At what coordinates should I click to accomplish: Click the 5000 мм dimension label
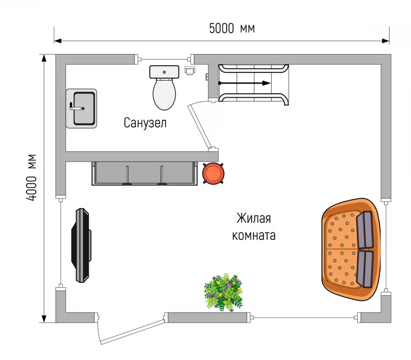[232, 28]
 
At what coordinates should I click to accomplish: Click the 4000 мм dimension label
[31, 177]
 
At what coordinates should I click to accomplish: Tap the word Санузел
[145, 123]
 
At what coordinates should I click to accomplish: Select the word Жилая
[253, 218]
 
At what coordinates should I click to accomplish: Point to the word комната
[254, 235]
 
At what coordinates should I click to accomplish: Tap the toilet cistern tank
[164, 72]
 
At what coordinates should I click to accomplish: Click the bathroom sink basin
[84, 108]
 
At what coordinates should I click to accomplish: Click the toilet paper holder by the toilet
[190, 70]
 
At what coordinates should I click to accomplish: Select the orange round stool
[213, 173]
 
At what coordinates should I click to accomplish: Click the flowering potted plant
[223, 292]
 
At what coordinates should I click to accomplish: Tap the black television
[81, 245]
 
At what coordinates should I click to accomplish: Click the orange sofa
[351, 249]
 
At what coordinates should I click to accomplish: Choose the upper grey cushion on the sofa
[364, 230]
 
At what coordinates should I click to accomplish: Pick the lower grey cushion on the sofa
[364, 269]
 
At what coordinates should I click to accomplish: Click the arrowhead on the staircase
[266, 83]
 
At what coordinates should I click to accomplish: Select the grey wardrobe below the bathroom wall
[144, 173]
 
